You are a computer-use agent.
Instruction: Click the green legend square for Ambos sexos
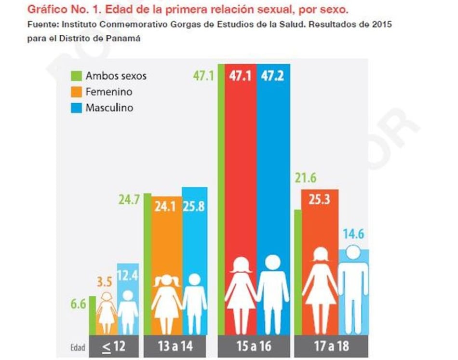76,76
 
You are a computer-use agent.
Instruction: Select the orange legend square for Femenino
76,92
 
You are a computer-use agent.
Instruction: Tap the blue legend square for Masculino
76,108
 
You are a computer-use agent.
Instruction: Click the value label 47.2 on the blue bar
273,76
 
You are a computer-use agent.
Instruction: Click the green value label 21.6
307,179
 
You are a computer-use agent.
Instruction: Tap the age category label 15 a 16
254,346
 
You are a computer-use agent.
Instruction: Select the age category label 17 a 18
332,346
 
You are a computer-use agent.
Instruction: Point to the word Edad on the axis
77,347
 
